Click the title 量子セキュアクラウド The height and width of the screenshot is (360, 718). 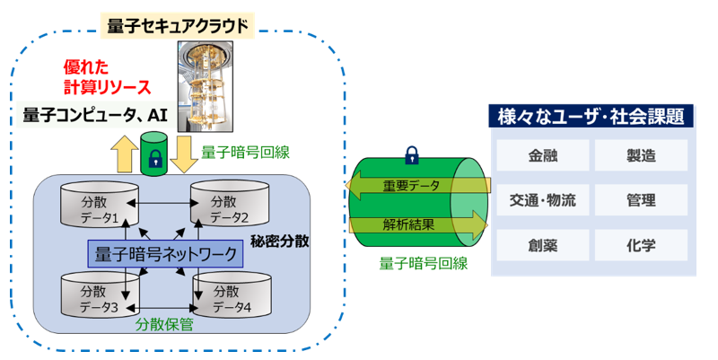(x=177, y=26)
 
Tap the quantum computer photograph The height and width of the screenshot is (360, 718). (x=206, y=86)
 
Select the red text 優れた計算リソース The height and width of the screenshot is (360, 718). (x=107, y=77)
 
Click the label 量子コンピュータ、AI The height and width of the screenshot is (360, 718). (x=95, y=115)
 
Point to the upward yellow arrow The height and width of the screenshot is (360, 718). (x=124, y=154)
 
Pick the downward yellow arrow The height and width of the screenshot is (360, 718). (x=184, y=154)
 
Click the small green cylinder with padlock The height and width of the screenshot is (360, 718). (x=154, y=154)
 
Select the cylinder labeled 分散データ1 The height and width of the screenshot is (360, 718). (x=100, y=205)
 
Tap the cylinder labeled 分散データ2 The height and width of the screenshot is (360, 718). (x=230, y=205)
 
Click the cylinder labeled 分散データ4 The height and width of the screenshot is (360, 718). (x=232, y=295)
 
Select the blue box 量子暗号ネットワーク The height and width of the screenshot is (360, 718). (x=165, y=254)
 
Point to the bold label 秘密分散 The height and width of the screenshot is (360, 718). (x=280, y=241)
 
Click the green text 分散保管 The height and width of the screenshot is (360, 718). (x=164, y=324)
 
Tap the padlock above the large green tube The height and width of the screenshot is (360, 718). (x=412, y=155)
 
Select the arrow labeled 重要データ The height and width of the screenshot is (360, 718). (x=417, y=185)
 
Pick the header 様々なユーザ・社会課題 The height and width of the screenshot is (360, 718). (x=591, y=117)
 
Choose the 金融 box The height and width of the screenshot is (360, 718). (x=543, y=155)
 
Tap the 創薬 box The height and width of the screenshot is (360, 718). (x=543, y=245)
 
